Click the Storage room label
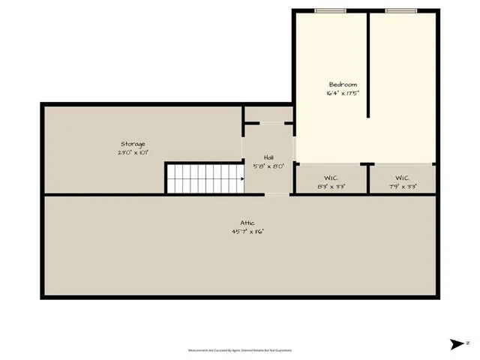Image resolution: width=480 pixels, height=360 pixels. coord(133,143)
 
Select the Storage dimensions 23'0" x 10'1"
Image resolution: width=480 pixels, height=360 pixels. coord(133,152)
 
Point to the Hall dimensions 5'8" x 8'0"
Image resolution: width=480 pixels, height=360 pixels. coord(268,166)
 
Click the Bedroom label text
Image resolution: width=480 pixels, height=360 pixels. coord(343,85)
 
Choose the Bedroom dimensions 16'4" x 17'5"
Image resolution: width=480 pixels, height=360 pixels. coord(343,94)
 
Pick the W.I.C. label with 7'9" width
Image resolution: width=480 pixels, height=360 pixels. coord(401,178)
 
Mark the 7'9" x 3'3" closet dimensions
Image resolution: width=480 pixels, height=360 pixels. coord(401,186)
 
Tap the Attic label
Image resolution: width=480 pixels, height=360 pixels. coord(247,223)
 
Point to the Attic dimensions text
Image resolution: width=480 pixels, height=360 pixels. coord(247,232)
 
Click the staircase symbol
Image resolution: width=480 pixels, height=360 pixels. coord(205,178)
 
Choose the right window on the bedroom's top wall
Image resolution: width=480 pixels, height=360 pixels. coord(400,10)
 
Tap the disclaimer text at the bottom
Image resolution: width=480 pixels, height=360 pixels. coord(240,350)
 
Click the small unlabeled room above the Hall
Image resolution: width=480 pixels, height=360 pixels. coord(268,114)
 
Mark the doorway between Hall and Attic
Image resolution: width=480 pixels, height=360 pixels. coord(277,194)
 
